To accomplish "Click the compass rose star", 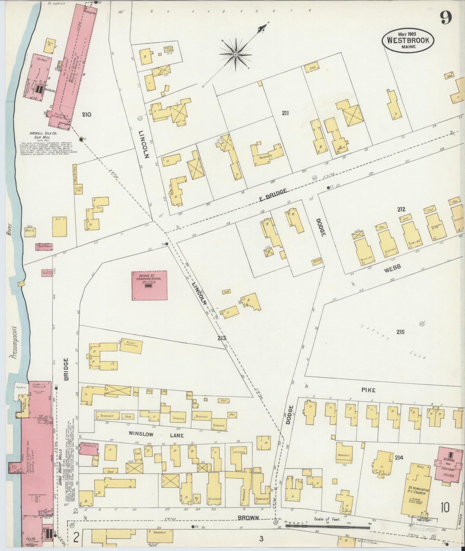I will [x=236, y=55].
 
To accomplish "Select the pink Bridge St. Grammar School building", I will [x=149, y=285].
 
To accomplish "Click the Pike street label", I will [x=368, y=390].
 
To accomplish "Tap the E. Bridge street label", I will [x=273, y=195].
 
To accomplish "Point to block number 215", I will [x=400, y=332].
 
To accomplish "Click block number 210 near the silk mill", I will [x=87, y=114].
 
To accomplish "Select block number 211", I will [x=285, y=113].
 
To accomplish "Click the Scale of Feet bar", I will [x=328, y=527].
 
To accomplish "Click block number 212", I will [x=401, y=209].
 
